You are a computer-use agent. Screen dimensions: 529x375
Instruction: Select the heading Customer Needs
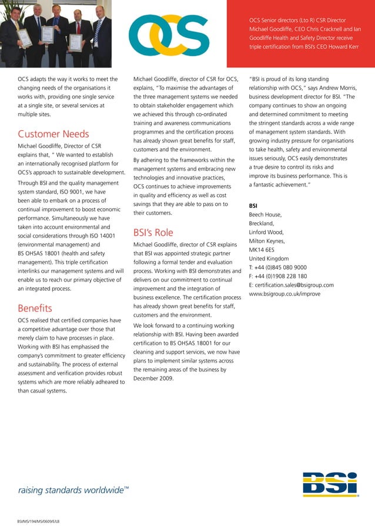coord(53,134)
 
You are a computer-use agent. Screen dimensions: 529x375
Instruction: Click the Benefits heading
coord(35,308)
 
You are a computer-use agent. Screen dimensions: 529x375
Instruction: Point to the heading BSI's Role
coord(153,232)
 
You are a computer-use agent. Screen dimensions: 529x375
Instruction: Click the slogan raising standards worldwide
coord(73,490)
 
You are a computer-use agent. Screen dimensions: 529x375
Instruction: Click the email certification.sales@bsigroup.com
coord(291,285)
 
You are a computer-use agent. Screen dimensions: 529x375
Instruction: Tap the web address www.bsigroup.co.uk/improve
coord(284,294)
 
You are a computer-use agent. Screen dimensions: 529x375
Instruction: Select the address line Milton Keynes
coord(267,241)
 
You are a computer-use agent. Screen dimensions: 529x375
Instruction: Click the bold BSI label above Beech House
coord(253,206)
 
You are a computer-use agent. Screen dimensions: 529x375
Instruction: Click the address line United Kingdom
coord(269,259)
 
